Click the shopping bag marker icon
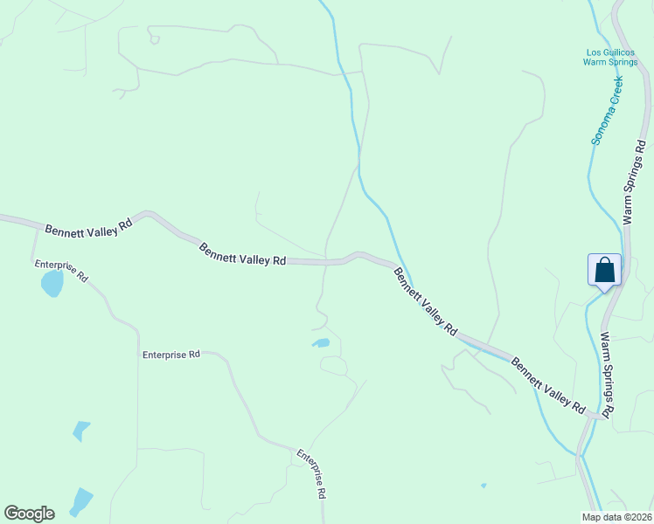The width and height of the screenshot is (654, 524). point(604,270)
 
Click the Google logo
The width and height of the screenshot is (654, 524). point(29,514)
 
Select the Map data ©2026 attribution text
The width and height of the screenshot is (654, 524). point(617,516)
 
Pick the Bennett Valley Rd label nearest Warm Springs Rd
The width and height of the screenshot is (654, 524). point(549,385)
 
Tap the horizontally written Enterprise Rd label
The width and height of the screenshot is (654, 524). point(171,355)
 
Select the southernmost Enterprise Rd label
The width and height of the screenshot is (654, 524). point(311,473)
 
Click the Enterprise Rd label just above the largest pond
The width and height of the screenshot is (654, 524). point(61,272)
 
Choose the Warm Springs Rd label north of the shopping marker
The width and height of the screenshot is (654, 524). point(635,183)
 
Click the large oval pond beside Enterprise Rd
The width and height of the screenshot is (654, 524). point(52,283)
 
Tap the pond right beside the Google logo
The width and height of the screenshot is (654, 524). point(81,501)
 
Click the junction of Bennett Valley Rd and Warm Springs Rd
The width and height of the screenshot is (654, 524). point(602,417)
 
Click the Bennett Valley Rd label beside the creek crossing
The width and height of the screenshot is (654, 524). point(425,302)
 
